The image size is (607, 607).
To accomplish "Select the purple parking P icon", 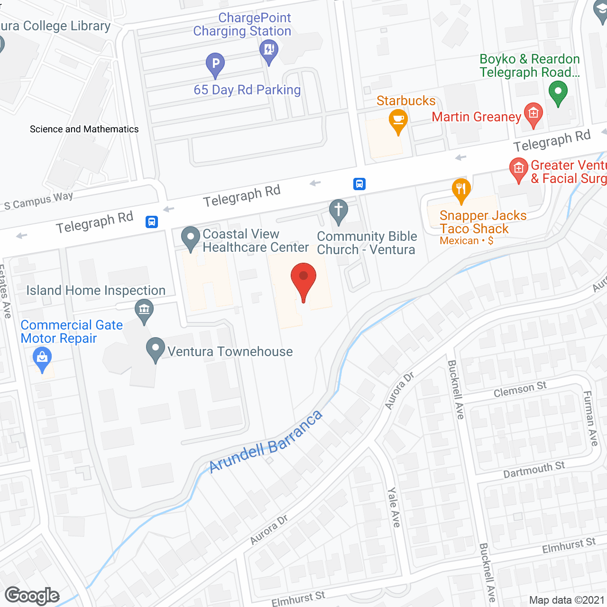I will pyautogui.click(x=215, y=64).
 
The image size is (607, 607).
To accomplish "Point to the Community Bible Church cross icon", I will pyautogui.click(x=339, y=210).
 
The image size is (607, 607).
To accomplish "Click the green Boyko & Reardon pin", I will pyautogui.click(x=558, y=92).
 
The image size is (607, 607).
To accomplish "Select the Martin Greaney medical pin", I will pyautogui.click(x=533, y=114).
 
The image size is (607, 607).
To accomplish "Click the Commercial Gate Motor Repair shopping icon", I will pyautogui.click(x=42, y=358).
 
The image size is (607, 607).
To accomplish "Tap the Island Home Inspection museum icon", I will pyautogui.click(x=144, y=310).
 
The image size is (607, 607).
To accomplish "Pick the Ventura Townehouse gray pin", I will pyautogui.click(x=156, y=349).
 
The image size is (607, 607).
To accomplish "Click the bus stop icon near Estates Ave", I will pyautogui.click(x=152, y=221).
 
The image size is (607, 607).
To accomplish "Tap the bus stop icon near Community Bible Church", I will pyautogui.click(x=359, y=184).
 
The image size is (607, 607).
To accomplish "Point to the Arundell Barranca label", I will pyautogui.click(x=266, y=441).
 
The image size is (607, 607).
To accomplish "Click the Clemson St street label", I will pyautogui.click(x=520, y=390).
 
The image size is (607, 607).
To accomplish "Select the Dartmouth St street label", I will pyautogui.click(x=534, y=470).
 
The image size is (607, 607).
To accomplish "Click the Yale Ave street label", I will pyautogui.click(x=394, y=507).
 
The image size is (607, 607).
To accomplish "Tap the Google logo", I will pyautogui.click(x=32, y=596).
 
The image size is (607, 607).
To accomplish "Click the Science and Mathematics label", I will pyautogui.click(x=84, y=129).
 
